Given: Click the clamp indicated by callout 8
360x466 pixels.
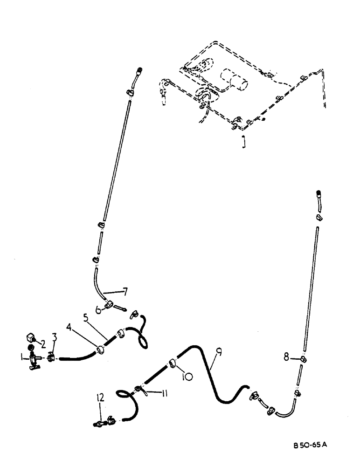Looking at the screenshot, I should click(303, 359).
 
